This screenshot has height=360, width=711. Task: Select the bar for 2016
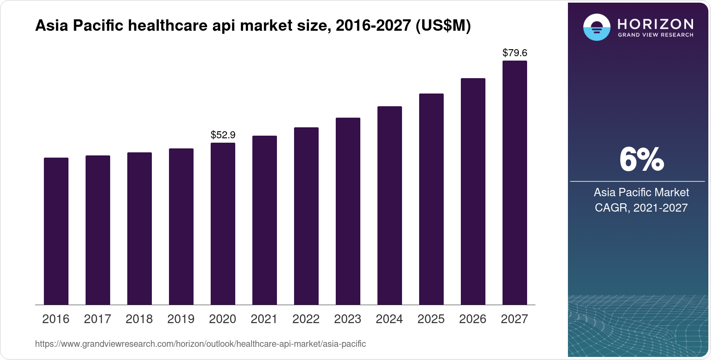coord(56,231)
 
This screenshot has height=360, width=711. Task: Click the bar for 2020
coord(223,224)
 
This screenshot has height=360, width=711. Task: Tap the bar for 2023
coord(348,211)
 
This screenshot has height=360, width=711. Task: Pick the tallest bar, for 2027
coord(515,183)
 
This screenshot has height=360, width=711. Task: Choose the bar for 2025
coord(431,199)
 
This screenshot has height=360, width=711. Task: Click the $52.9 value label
coord(223,135)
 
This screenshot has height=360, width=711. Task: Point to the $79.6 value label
coord(515,53)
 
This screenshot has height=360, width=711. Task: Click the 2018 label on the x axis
coord(139,319)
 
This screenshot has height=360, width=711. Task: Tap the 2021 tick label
coord(264,319)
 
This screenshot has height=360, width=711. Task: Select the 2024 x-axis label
coord(389,319)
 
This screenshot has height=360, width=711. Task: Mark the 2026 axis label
coord(473,319)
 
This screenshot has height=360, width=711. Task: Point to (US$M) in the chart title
coord(443,26)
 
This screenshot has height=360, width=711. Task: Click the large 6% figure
coord(641,160)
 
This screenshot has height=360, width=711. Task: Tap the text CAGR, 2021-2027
coord(641,208)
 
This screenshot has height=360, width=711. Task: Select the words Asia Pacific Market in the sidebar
coord(641,192)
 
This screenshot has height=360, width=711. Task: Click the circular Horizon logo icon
coord(596,27)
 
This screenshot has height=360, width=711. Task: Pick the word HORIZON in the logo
coord(656,24)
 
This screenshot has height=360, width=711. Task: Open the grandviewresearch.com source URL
coord(201,344)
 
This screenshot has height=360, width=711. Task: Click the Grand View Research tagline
coord(656,35)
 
